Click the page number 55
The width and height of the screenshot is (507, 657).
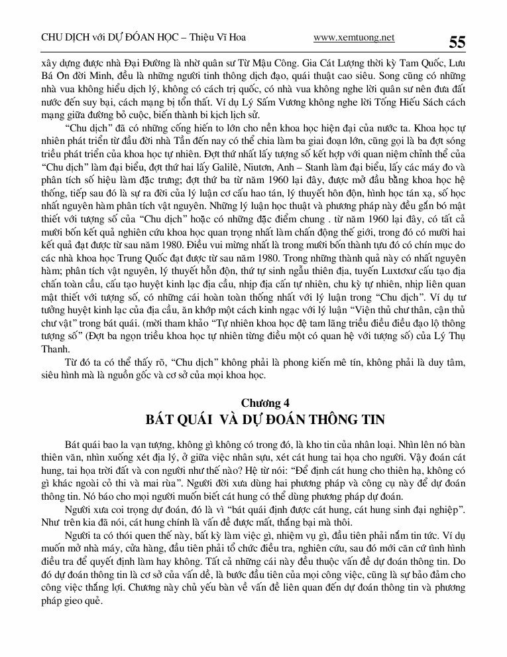click(457, 42)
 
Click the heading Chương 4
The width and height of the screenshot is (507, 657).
click(264, 403)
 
